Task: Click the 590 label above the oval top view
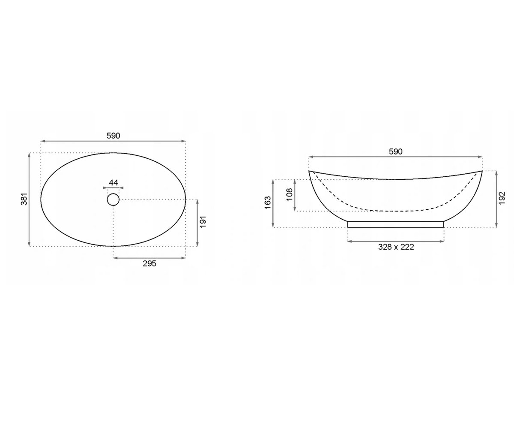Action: point(113,136)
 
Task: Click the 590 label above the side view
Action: point(396,151)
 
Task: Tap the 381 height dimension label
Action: point(24,199)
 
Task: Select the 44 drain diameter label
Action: point(113,183)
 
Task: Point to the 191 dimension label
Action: point(203,222)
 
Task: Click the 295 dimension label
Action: point(149,263)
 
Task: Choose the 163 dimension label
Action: point(268,202)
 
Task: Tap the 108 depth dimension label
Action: point(290,194)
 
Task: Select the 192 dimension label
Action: point(502,198)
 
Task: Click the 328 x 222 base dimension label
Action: point(396,247)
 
